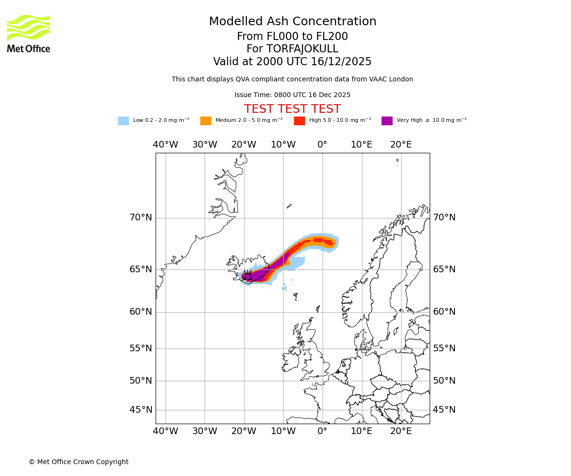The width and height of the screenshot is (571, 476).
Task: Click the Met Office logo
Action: click(x=29, y=33)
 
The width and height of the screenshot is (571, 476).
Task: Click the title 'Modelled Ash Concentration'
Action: click(x=292, y=21)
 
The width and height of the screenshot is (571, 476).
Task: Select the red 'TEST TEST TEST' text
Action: click(x=292, y=109)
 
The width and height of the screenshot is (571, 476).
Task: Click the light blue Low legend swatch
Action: click(x=123, y=121)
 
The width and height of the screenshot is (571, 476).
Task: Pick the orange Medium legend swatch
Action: click(x=206, y=121)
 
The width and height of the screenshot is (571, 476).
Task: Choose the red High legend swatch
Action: click(x=299, y=121)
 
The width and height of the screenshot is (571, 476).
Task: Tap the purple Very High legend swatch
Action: click(x=387, y=121)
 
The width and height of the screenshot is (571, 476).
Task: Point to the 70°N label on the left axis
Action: click(x=141, y=218)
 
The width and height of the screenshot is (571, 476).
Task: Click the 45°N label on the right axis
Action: click(x=444, y=410)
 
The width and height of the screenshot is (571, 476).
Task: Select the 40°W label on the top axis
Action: click(x=166, y=145)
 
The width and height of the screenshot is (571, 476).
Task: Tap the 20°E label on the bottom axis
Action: click(x=401, y=431)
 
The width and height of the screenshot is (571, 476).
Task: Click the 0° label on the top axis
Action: click(x=323, y=145)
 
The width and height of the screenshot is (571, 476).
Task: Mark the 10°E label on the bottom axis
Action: click(x=362, y=431)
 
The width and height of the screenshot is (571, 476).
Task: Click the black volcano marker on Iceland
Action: click(x=248, y=276)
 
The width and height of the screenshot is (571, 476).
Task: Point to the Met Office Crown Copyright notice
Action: click(x=79, y=462)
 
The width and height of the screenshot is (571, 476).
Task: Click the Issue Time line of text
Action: click(x=292, y=95)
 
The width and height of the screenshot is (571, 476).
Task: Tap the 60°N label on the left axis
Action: click(x=141, y=312)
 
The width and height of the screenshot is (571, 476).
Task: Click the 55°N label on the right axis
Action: click(x=444, y=348)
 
